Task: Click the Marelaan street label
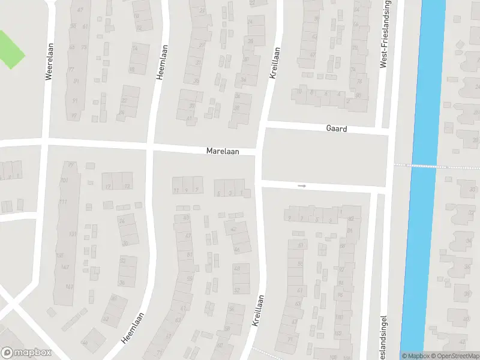[x=223, y=152]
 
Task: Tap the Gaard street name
[x=337, y=129]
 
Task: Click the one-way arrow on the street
[x=302, y=186]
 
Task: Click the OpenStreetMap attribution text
[x=458, y=356]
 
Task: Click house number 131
[x=72, y=234]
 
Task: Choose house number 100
[x=339, y=317]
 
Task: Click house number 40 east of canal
[x=466, y=319]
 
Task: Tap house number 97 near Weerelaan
[x=74, y=115]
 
